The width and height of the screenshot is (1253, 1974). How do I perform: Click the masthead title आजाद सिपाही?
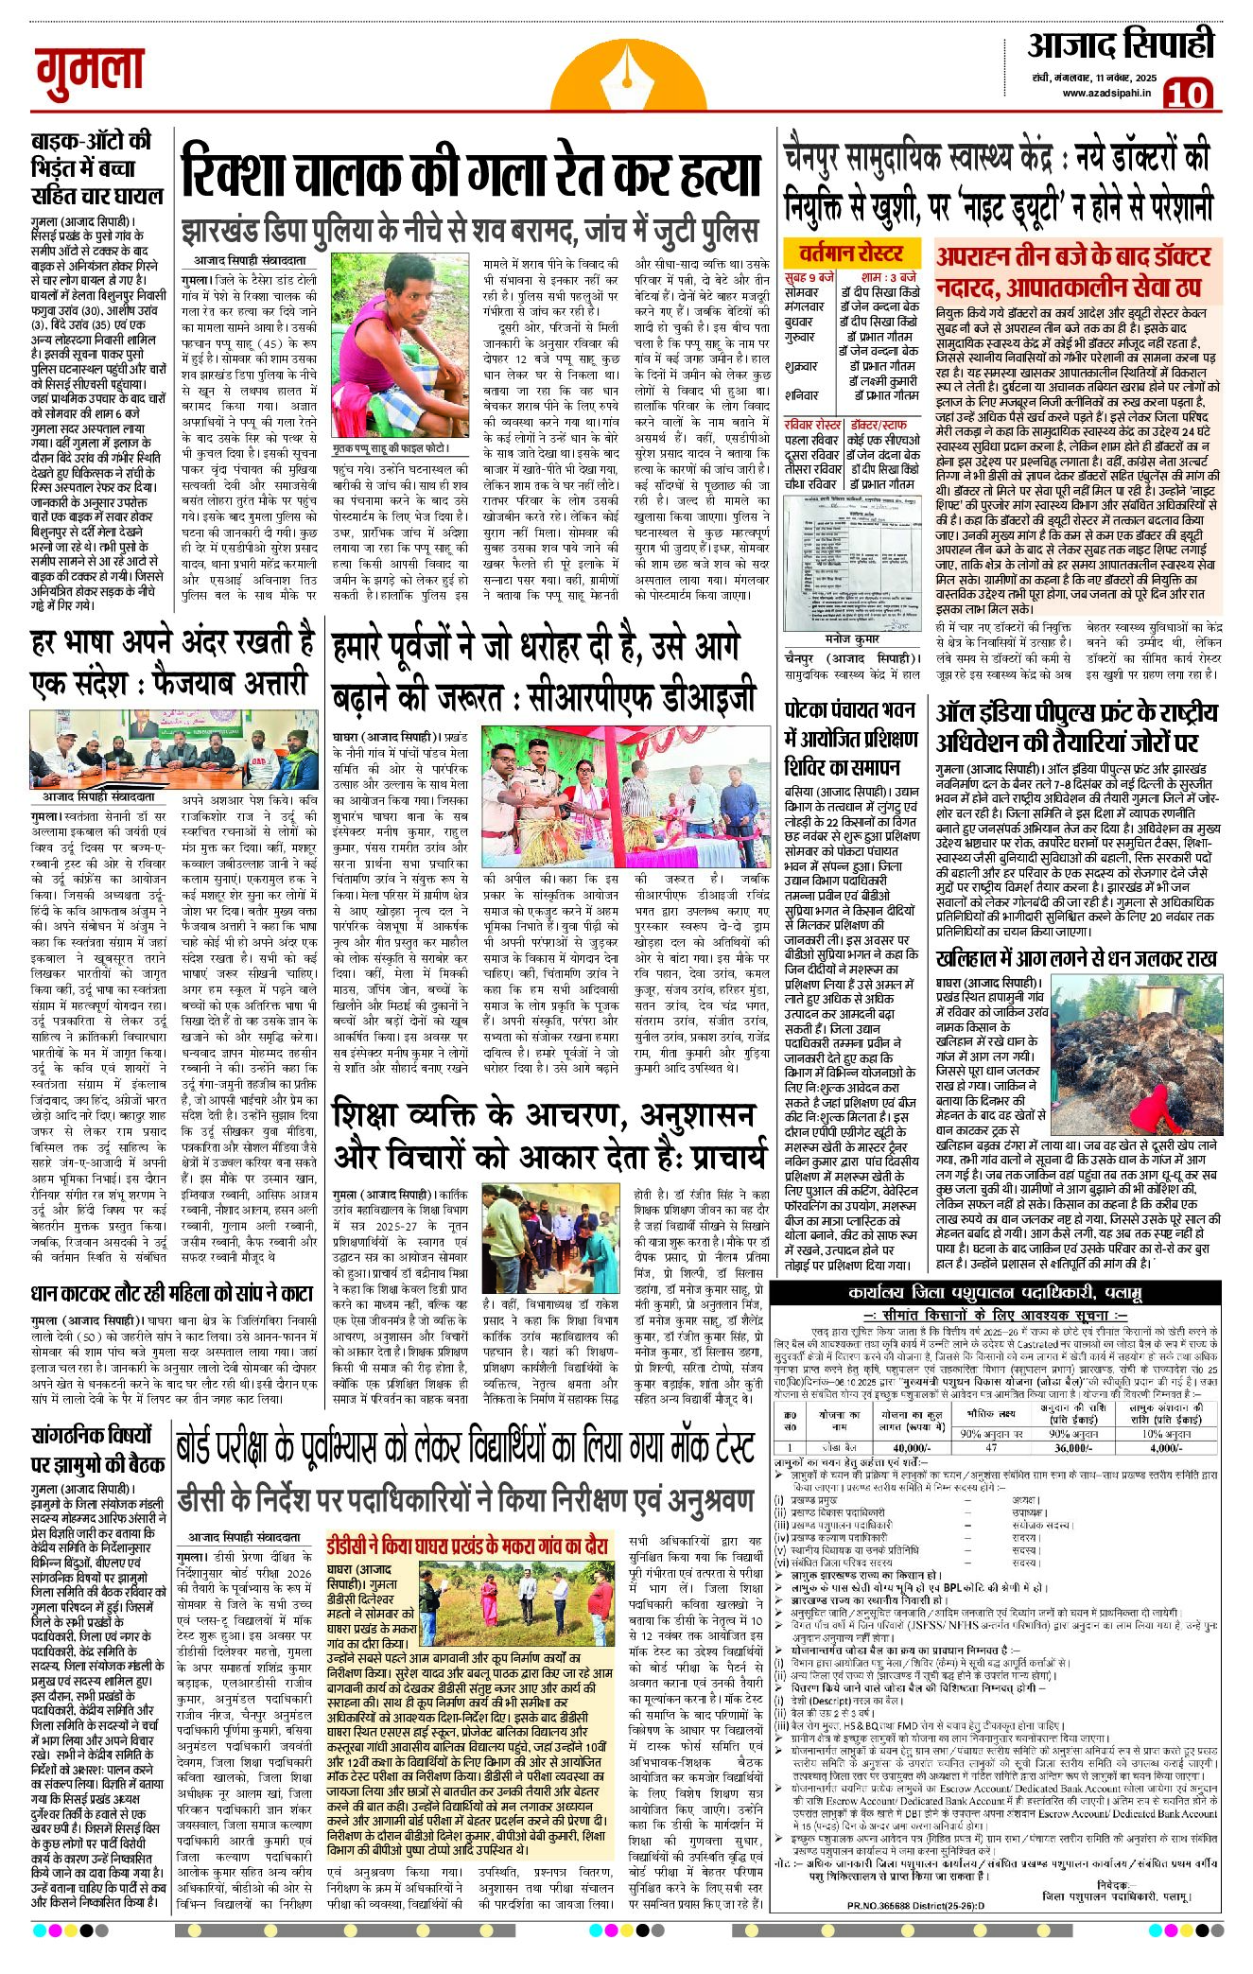(1121, 45)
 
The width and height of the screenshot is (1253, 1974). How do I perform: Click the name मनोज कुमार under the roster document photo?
(852, 638)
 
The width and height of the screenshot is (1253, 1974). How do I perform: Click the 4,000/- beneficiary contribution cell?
(1166, 1448)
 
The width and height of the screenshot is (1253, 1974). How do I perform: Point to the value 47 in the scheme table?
(991, 1448)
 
